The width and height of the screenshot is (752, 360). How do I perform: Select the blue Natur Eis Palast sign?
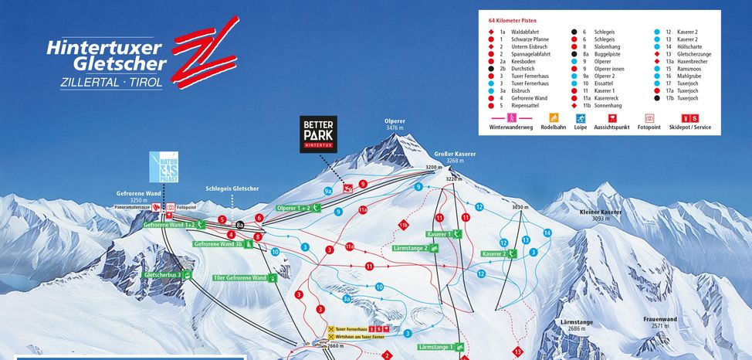164,168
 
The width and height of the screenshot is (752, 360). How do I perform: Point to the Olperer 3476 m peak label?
395,125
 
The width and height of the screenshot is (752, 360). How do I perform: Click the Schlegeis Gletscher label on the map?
232,188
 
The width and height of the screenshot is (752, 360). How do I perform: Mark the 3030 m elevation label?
523,208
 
